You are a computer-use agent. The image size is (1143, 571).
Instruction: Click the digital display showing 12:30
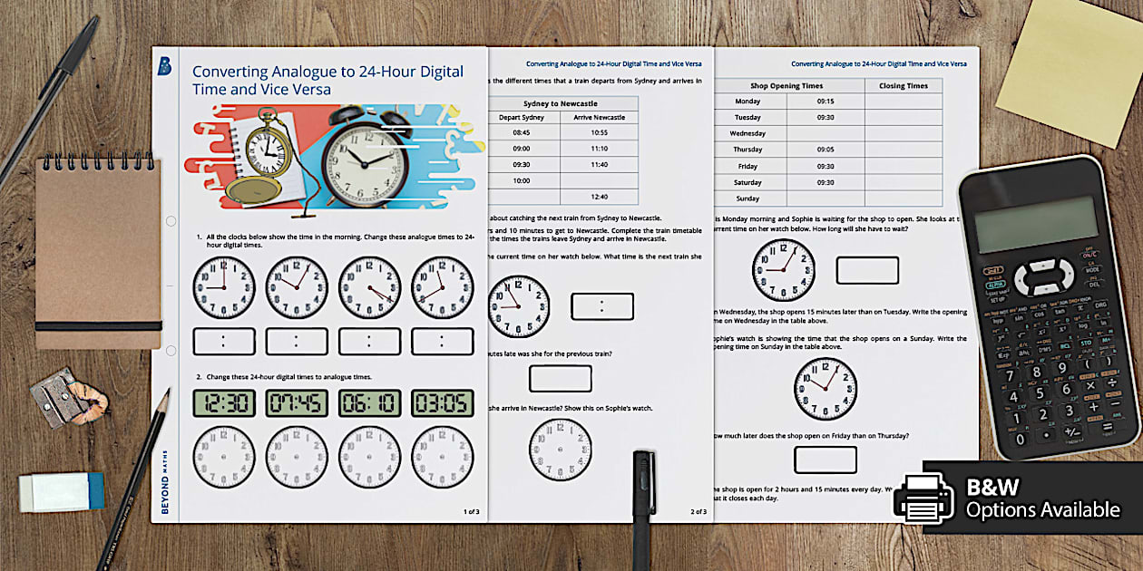pyautogui.click(x=224, y=402)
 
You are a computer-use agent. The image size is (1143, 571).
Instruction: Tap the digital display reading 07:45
pyautogui.click(x=297, y=402)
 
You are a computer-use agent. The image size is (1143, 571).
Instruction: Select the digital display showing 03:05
pyautogui.click(x=442, y=402)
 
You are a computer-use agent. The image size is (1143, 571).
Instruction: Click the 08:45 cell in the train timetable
pyautogui.click(x=521, y=132)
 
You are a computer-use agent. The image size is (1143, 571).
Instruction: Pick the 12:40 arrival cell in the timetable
pyautogui.click(x=599, y=197)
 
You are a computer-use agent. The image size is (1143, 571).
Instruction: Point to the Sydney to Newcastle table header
pyautogui.click(x=560, y=103)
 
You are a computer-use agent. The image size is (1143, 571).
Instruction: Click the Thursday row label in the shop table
pyautogui.click(x=747, y=150)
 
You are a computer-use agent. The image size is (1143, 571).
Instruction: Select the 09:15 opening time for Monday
pyautogui.click(x=825, y=102)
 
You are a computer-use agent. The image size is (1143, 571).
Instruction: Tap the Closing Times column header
pyautogui.click(x=903, y=86)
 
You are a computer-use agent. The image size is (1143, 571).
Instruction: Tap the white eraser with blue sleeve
pyautogui.click(x=62, y=490)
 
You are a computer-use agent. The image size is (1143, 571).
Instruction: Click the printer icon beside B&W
pyautogui.click(x=923, y=498)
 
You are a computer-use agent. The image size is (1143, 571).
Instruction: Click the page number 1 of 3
pyautogui.click(x=471, y=512)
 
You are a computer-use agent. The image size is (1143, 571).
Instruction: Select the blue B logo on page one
pyautogui.click(x=164, y=65)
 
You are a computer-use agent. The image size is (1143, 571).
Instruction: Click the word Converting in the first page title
pyautogui.click(x=230, y=72)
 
